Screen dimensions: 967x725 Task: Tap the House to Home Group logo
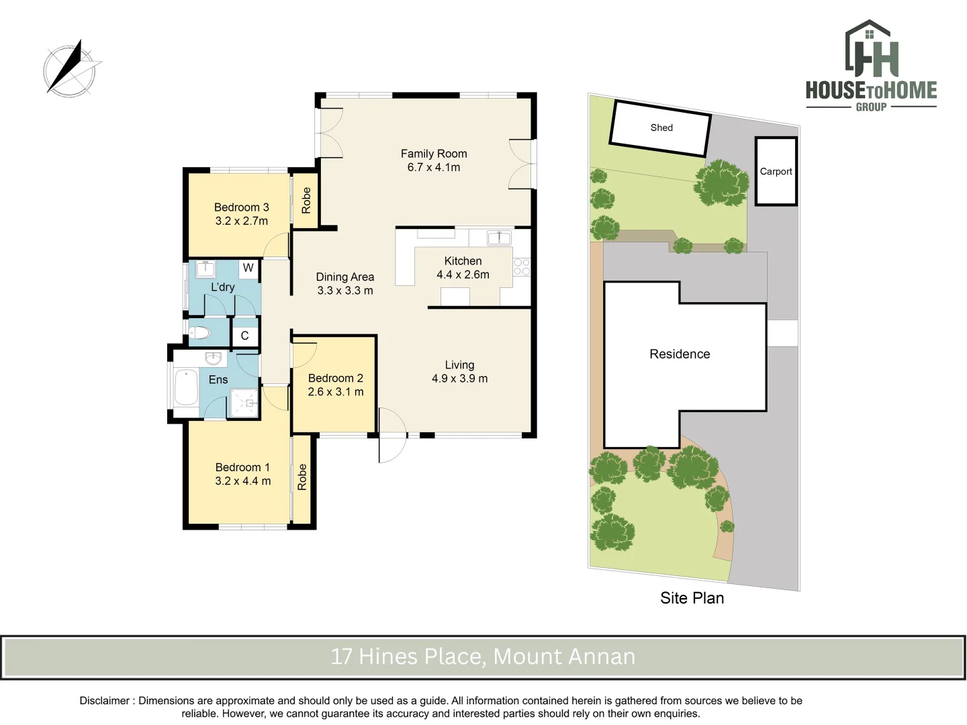[871, 65]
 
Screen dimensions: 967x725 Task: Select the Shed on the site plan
[660, 128]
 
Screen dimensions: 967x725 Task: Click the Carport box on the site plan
[776, 171]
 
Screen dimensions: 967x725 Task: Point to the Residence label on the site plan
[680, 354]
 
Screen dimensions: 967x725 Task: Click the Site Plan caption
[692, 597]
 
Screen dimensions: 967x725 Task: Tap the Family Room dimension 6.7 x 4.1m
[434, 167]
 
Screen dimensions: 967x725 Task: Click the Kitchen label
[463, 260]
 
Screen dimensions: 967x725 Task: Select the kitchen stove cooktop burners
[522, 267]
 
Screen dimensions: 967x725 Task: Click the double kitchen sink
[499, 238]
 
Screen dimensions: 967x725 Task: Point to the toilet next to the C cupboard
[199, 332]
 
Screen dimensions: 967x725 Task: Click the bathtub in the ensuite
[187, 387]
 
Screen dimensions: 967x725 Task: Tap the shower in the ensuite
[244, 403]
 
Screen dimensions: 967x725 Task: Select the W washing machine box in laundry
[248, 268]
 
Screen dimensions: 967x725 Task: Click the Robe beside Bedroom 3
[306, 200]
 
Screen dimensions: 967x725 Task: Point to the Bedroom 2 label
[336, 378]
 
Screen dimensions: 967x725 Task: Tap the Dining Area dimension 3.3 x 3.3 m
[345, 291]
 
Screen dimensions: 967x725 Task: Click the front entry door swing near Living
[392, 435]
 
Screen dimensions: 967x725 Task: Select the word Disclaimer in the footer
[104, 700]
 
